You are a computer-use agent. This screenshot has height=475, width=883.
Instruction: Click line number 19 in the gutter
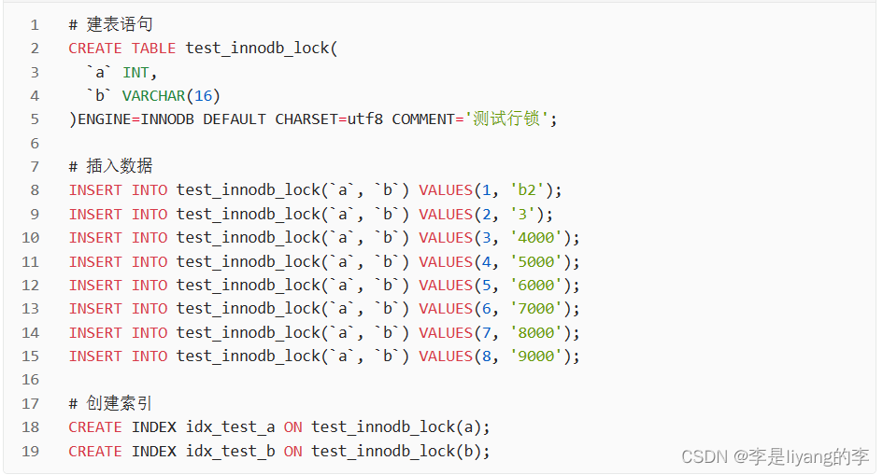point(31,451)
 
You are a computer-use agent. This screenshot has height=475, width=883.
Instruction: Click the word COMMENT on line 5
point(423,119)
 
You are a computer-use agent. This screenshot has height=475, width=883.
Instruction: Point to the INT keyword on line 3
point(135,72)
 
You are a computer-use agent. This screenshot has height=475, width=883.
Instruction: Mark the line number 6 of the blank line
point(35,143)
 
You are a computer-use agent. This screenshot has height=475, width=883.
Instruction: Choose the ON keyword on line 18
point(292,426)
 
